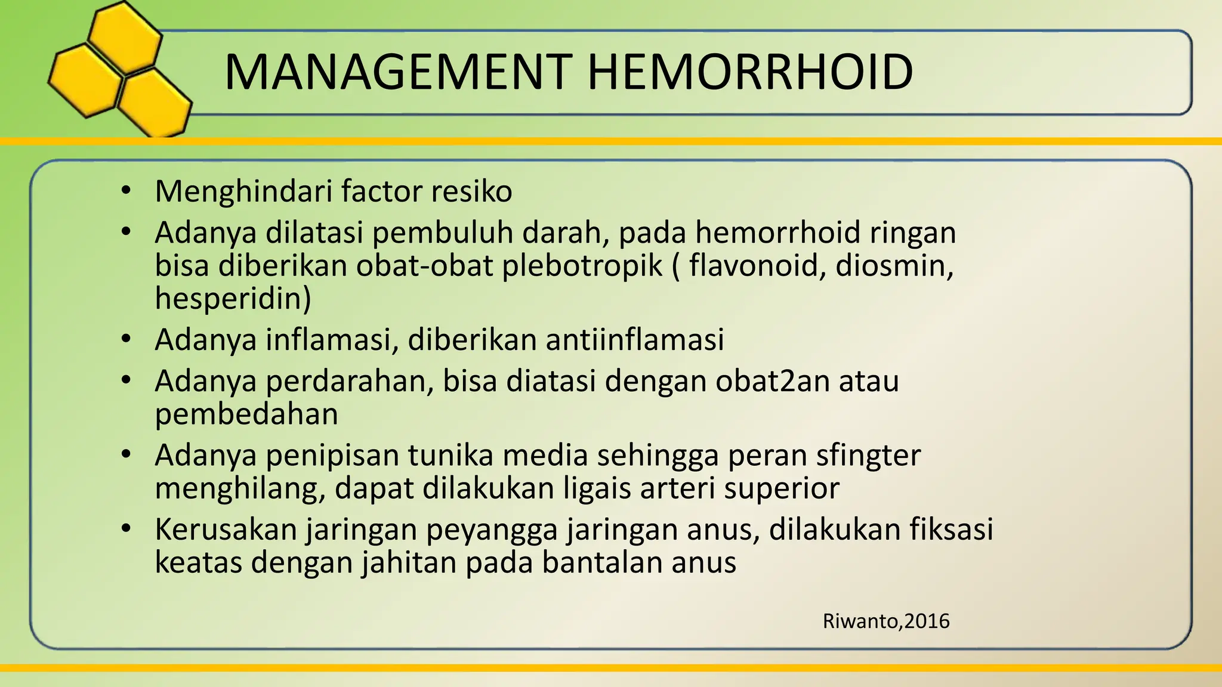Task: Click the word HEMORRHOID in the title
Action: (x=750, y=72)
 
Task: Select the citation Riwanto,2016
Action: (x=885, y=621)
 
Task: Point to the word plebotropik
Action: (x=582, y=266)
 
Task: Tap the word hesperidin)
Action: (x=233, y=298)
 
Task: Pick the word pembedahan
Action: (x=246, y=414)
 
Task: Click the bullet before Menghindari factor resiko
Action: (x=125, y=191)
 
